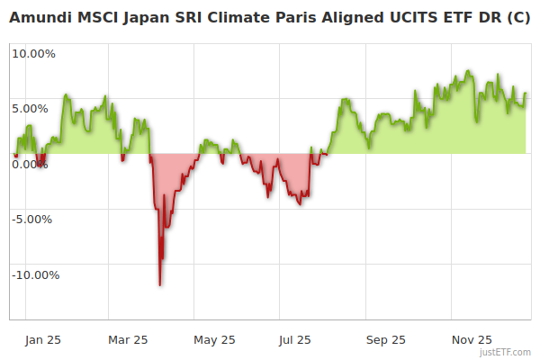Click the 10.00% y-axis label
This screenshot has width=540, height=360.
pyautogui.click(x=33, y=53)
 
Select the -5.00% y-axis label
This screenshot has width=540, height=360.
pyautogui.click(x=34, y=219)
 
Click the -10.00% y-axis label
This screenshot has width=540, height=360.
pyautogui.click(x=35, y=274)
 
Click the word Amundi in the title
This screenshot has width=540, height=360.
pyautogui.click(x=39, y=17)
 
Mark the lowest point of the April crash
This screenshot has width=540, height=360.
pyautogui.click(x=160, y=285)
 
